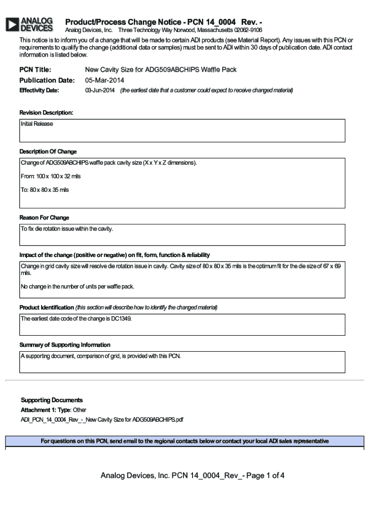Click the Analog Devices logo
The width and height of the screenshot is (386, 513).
point(29,25)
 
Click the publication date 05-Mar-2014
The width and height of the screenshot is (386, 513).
point(104,80)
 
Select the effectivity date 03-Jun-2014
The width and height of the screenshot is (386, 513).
point(100,90)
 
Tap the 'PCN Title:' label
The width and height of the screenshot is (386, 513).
point(35,70)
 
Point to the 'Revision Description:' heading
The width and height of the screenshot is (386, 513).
point(46,113)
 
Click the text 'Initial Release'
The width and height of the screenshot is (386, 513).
point(37,124)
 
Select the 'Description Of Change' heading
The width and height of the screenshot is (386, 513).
point(48,151)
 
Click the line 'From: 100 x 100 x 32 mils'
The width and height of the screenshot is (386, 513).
point(51,176)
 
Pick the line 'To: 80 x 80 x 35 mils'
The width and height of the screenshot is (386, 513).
point(45,190)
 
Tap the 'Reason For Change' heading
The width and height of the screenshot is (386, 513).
point(44,217)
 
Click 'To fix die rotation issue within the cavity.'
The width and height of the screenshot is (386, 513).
point(67,229)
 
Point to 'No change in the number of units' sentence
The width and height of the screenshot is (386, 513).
point(77,287)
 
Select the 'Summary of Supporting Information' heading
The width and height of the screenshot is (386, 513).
point(65,345)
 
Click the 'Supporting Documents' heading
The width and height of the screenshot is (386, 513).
point(52,400)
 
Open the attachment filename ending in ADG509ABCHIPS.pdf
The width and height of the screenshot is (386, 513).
point(102,419)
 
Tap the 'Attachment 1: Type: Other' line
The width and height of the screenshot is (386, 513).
point(53,410)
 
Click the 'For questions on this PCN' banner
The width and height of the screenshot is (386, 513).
point(184,441)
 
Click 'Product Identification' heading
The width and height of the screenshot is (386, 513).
point(47,307)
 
